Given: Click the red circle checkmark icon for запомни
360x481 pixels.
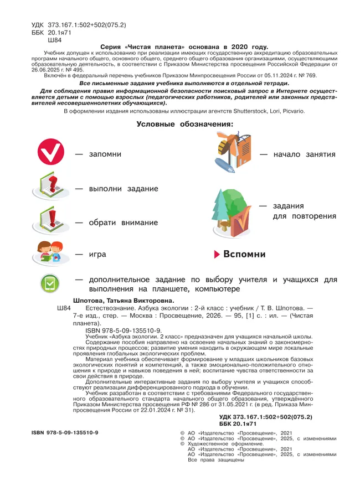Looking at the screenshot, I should [x=50, y=154].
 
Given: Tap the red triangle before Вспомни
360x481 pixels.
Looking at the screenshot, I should [x=217, y=254].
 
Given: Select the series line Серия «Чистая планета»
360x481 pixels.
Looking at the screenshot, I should [x=179, y=48].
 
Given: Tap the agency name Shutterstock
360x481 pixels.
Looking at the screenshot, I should [x=267, y=111].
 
